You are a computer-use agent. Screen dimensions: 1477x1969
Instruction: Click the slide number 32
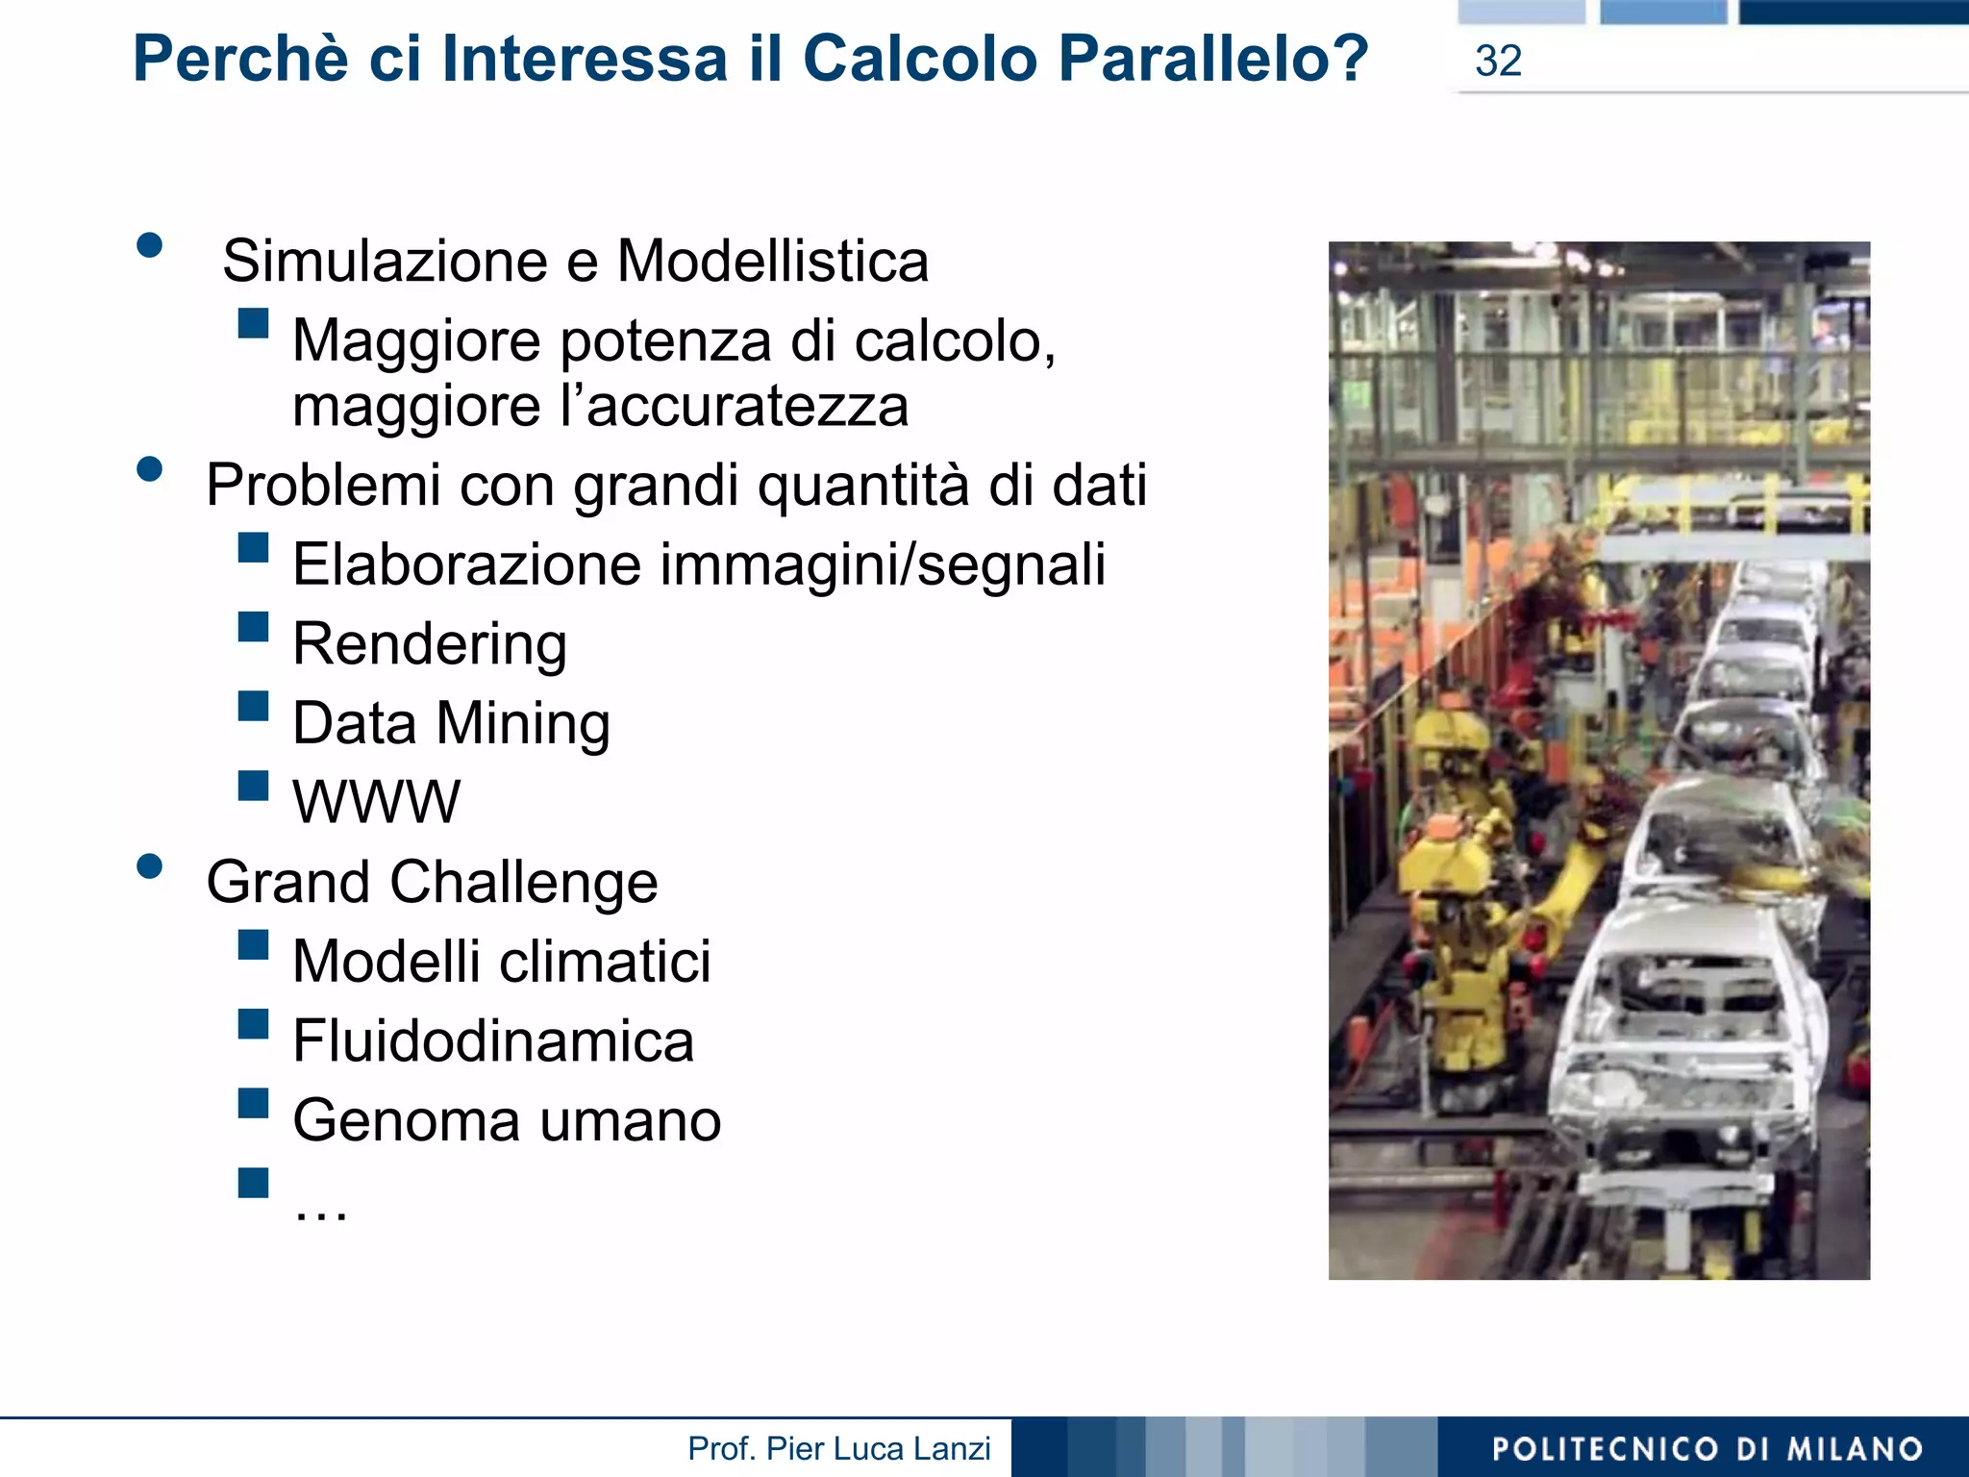1498,62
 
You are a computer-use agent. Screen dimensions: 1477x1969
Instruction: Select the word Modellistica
773,262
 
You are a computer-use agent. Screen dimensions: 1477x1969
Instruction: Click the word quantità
863,485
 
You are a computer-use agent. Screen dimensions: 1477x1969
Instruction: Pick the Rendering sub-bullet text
430,643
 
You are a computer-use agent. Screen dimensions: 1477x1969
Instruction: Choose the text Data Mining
451,723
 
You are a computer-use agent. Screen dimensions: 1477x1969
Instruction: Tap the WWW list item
376,802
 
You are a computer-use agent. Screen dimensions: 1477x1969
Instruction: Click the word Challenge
524,883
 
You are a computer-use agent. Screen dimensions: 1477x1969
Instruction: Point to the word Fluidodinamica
493,1041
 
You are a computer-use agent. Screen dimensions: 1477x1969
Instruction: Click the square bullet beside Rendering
254,628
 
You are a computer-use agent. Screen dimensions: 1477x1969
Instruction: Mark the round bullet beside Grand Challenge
150,866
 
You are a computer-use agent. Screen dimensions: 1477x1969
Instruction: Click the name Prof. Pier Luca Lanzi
838,1449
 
